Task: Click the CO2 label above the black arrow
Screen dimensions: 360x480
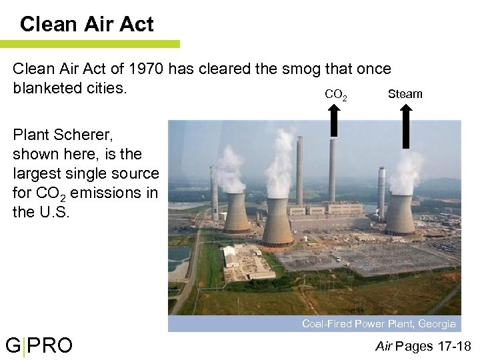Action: (335, 95)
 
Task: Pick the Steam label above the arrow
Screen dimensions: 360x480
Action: (405, 94)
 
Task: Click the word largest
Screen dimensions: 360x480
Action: (36, 174)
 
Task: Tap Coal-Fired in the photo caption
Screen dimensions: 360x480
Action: (326, 324)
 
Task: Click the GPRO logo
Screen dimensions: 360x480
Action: (39, 346)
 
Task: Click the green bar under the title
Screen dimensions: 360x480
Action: (90, 44)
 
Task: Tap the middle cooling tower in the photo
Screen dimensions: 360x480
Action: (277, 220)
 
